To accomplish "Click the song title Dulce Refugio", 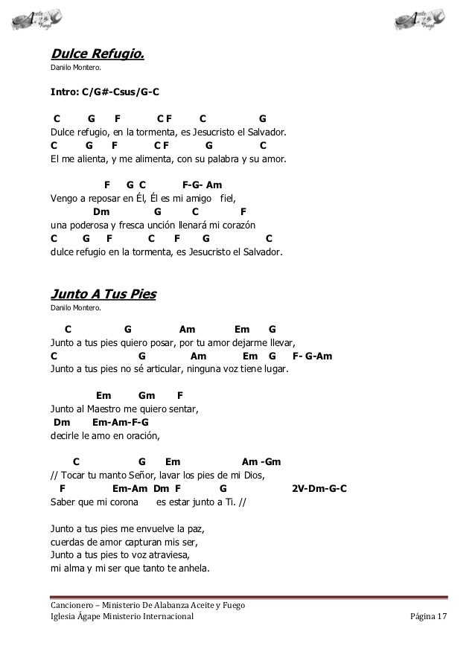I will click(x=97, y=54).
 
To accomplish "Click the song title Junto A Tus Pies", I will click(x=103, y=293).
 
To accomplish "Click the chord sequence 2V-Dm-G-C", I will click(x=319, y=488).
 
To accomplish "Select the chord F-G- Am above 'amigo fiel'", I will click(x=202, y=185).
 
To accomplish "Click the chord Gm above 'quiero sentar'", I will click(x=147, y=396).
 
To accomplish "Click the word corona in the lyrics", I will click(x=121, y=502).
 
